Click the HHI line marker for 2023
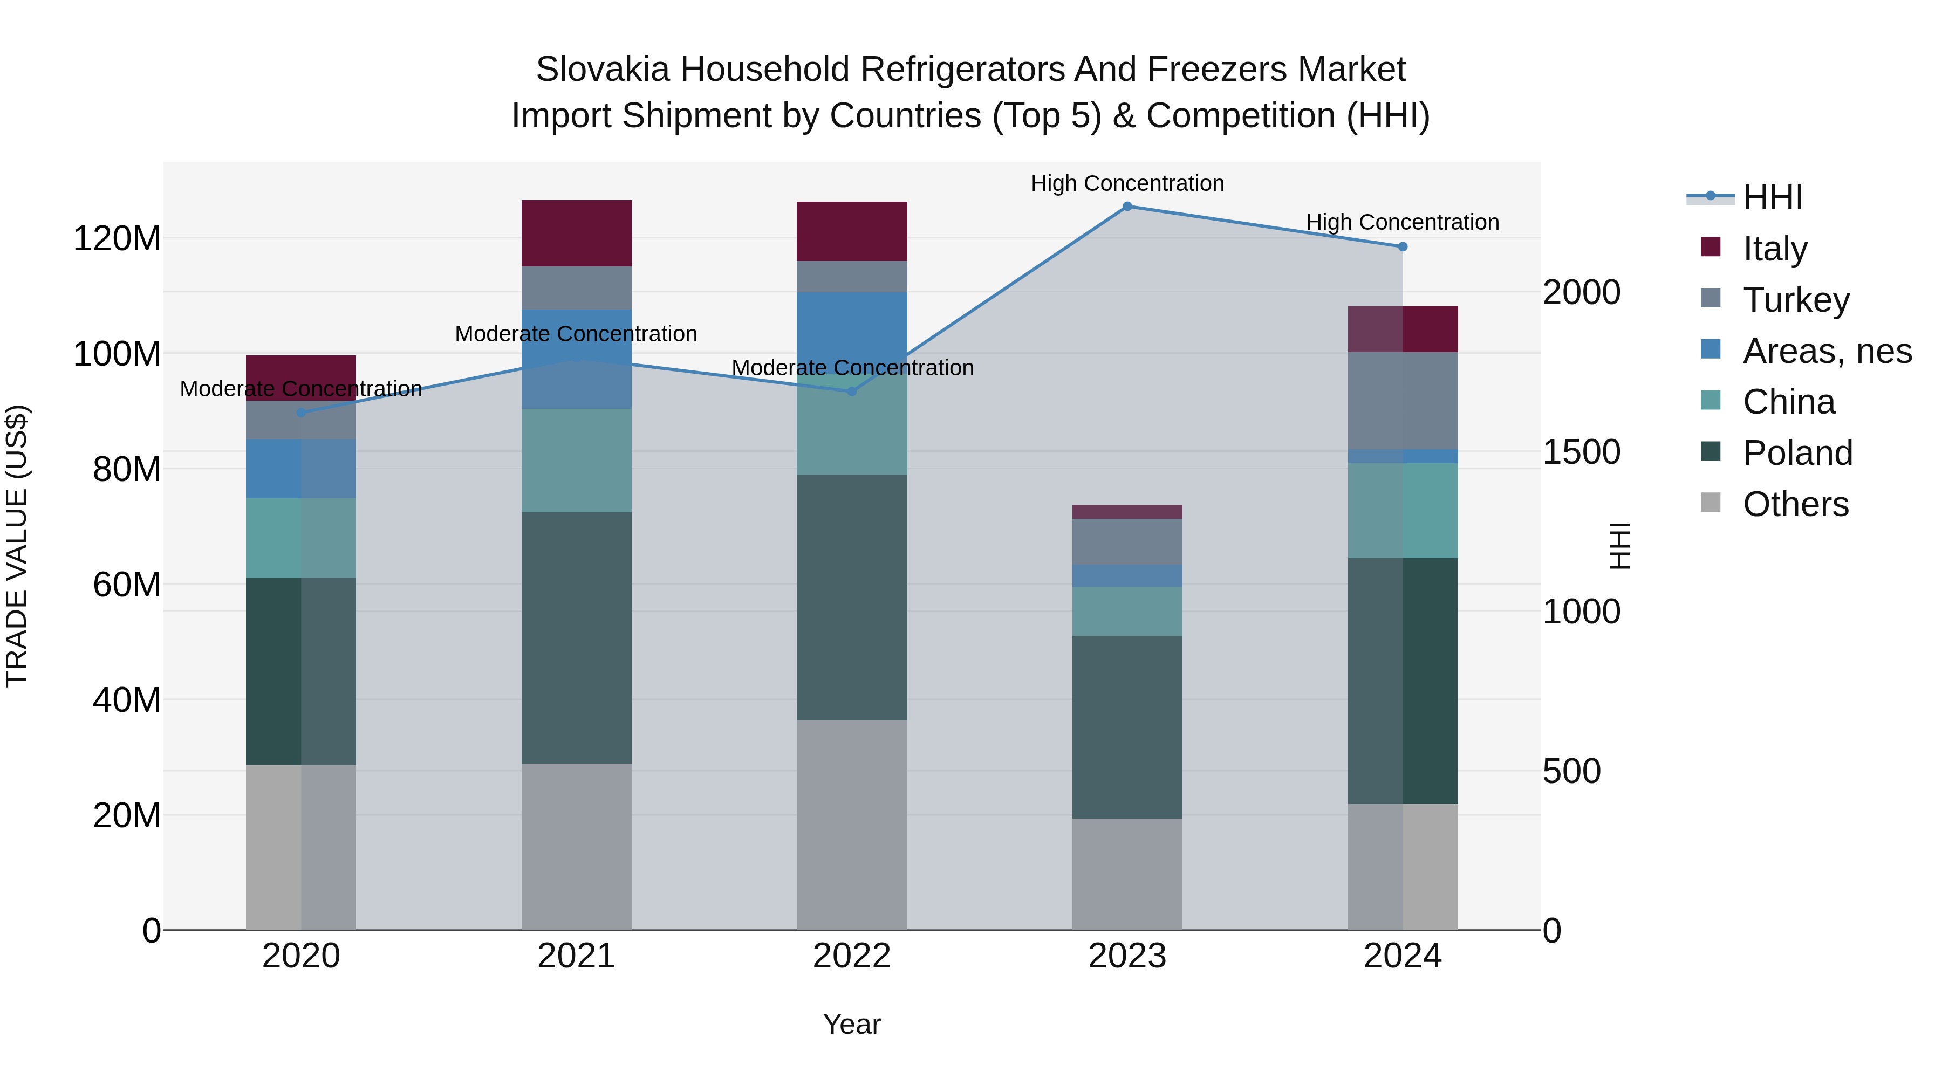point(1127,207)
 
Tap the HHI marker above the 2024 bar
point(1402,247)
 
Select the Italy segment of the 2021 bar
point(577,233)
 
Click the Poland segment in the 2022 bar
point(852,597)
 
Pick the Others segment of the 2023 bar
point(1127,874)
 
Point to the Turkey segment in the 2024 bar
point(1402,400)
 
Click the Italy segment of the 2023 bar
point(1127,512)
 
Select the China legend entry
point(1788,402)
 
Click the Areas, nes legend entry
point(1826,351)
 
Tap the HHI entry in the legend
point(1772,197)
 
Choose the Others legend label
point(1795,504)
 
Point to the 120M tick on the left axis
point(117,239)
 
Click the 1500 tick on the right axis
point(1581,452)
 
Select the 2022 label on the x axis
point(852,956)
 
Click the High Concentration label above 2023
point(1127,183)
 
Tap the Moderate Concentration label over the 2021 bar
point(576,334)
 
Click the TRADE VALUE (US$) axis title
point(17,546)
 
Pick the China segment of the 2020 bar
point(301,538)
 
